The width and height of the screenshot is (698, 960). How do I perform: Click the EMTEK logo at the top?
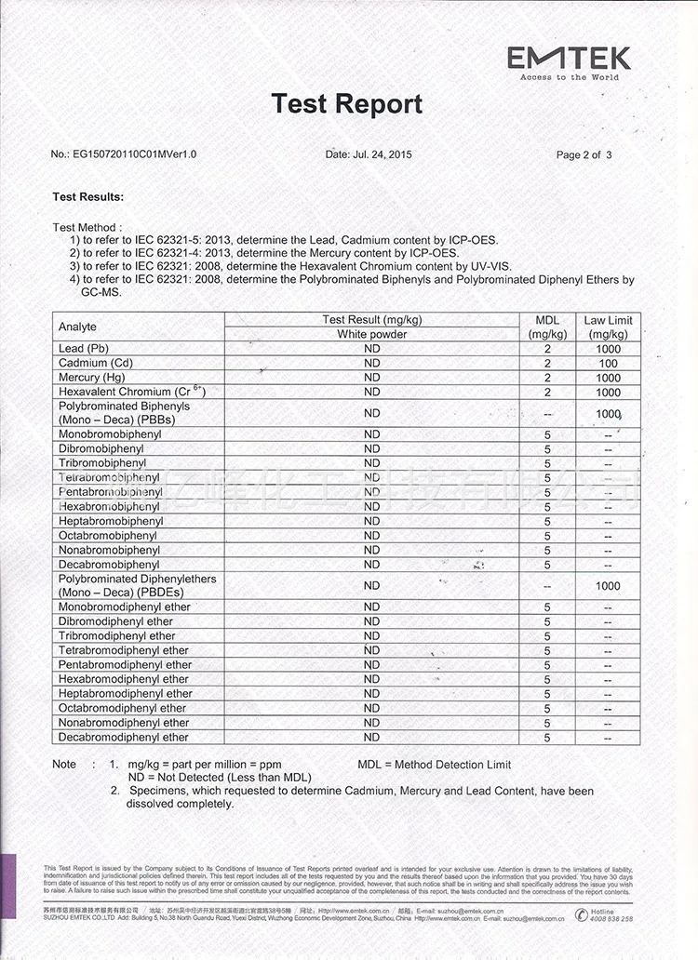569,60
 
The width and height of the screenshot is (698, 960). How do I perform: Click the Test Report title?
346,104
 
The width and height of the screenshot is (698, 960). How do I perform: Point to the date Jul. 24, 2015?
369,154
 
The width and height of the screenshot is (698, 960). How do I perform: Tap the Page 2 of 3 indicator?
584,155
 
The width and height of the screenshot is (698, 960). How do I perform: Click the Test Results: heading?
88,197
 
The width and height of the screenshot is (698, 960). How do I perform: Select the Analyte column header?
77,327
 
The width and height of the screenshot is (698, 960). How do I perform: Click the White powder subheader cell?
372,334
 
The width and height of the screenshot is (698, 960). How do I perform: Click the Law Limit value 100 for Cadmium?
608,364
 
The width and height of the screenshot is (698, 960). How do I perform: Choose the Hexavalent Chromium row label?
130,393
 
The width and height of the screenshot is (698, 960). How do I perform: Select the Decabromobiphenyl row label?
109,565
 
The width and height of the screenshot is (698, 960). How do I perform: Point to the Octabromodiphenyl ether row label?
122,708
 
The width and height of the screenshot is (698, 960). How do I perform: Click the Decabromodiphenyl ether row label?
124,737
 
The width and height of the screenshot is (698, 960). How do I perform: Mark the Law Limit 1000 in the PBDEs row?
608,586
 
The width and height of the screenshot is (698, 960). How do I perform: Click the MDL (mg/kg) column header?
547,327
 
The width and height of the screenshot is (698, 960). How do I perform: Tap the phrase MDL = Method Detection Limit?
434,765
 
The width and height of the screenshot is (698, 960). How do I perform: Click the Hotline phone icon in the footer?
582,915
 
